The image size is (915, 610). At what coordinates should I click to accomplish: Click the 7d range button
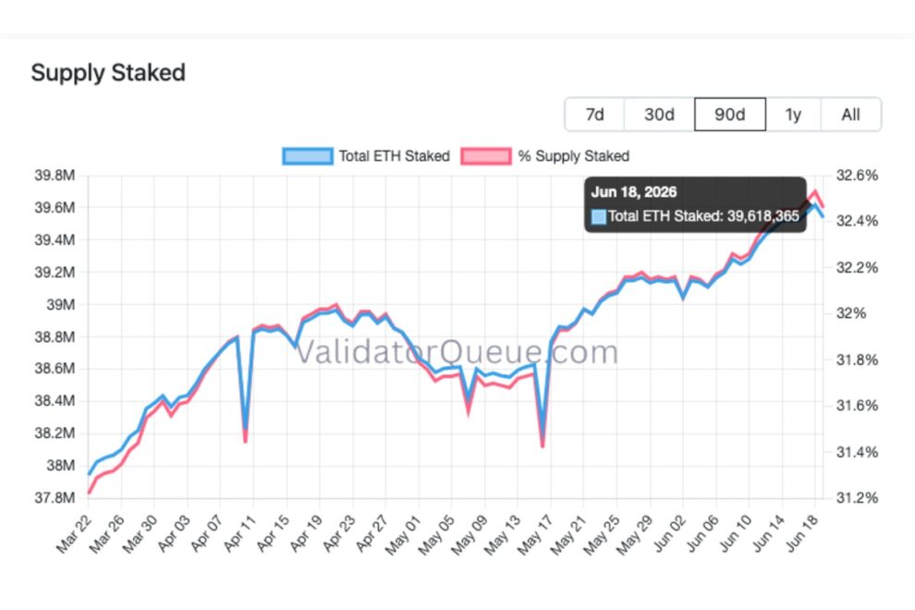tap(594, 115)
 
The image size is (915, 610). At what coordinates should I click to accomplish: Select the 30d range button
tap(659, 115)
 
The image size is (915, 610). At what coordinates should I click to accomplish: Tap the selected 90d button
tap(730, 115)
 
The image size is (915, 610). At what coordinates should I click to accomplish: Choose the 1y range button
tap(793, 115)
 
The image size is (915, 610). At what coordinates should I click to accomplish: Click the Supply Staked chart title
tap(108, 73)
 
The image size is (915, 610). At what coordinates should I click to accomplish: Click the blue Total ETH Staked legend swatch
tap(308, 156)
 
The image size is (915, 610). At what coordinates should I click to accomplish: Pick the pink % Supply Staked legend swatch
tap(486, 156)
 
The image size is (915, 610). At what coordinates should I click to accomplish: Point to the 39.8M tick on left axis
tap(55, 175)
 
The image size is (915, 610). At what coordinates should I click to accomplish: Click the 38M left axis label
tap(61, 465)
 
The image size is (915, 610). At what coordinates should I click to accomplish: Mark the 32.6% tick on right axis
tap(857, 175)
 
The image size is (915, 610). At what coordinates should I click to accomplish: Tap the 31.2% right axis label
tap(857, 498)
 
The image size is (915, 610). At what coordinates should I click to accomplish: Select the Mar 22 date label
tap(74, 533)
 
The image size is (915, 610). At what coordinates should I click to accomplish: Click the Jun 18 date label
tap(803, 533)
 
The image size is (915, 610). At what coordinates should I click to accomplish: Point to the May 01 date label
tap(403, 535)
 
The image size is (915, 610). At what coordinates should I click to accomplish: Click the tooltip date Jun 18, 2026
tap(634, 192)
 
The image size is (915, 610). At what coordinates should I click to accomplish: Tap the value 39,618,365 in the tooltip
tap(763, 216)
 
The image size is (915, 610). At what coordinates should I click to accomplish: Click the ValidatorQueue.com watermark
tap(457, 352)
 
